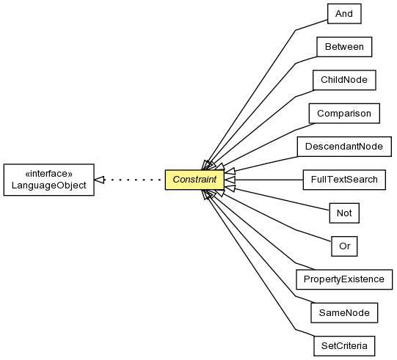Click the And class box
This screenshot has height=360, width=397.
click(x=344, y=14)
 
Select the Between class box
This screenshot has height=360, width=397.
click(x=344, y=47)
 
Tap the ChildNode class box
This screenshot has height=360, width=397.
click(x=344, y=80)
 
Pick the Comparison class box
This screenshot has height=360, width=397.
click(x=344, y=114)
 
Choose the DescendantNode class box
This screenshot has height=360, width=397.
click(x=344, y=147)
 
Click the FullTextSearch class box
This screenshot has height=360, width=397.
click(x=344, y=180)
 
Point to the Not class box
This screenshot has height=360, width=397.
click(x=344, y=213)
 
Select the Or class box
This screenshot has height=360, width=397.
click(x=344, y=246)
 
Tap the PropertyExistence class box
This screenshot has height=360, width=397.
click(x=344, y=279)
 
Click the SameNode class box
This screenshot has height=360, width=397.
click(x=344, y=312)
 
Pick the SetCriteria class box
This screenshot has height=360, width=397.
click(x=344, y=346)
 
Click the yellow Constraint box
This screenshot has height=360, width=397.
click(x=194, y=180)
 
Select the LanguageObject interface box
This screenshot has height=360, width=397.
click(x=49, y=180)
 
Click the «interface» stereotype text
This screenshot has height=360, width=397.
click(x=49, y=174)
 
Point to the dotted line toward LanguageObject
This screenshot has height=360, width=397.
click(x=133, y=180)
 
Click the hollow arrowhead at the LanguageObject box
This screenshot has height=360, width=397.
click(x=99, y=180)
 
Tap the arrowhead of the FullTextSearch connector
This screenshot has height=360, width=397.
click(x=230, y=180)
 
